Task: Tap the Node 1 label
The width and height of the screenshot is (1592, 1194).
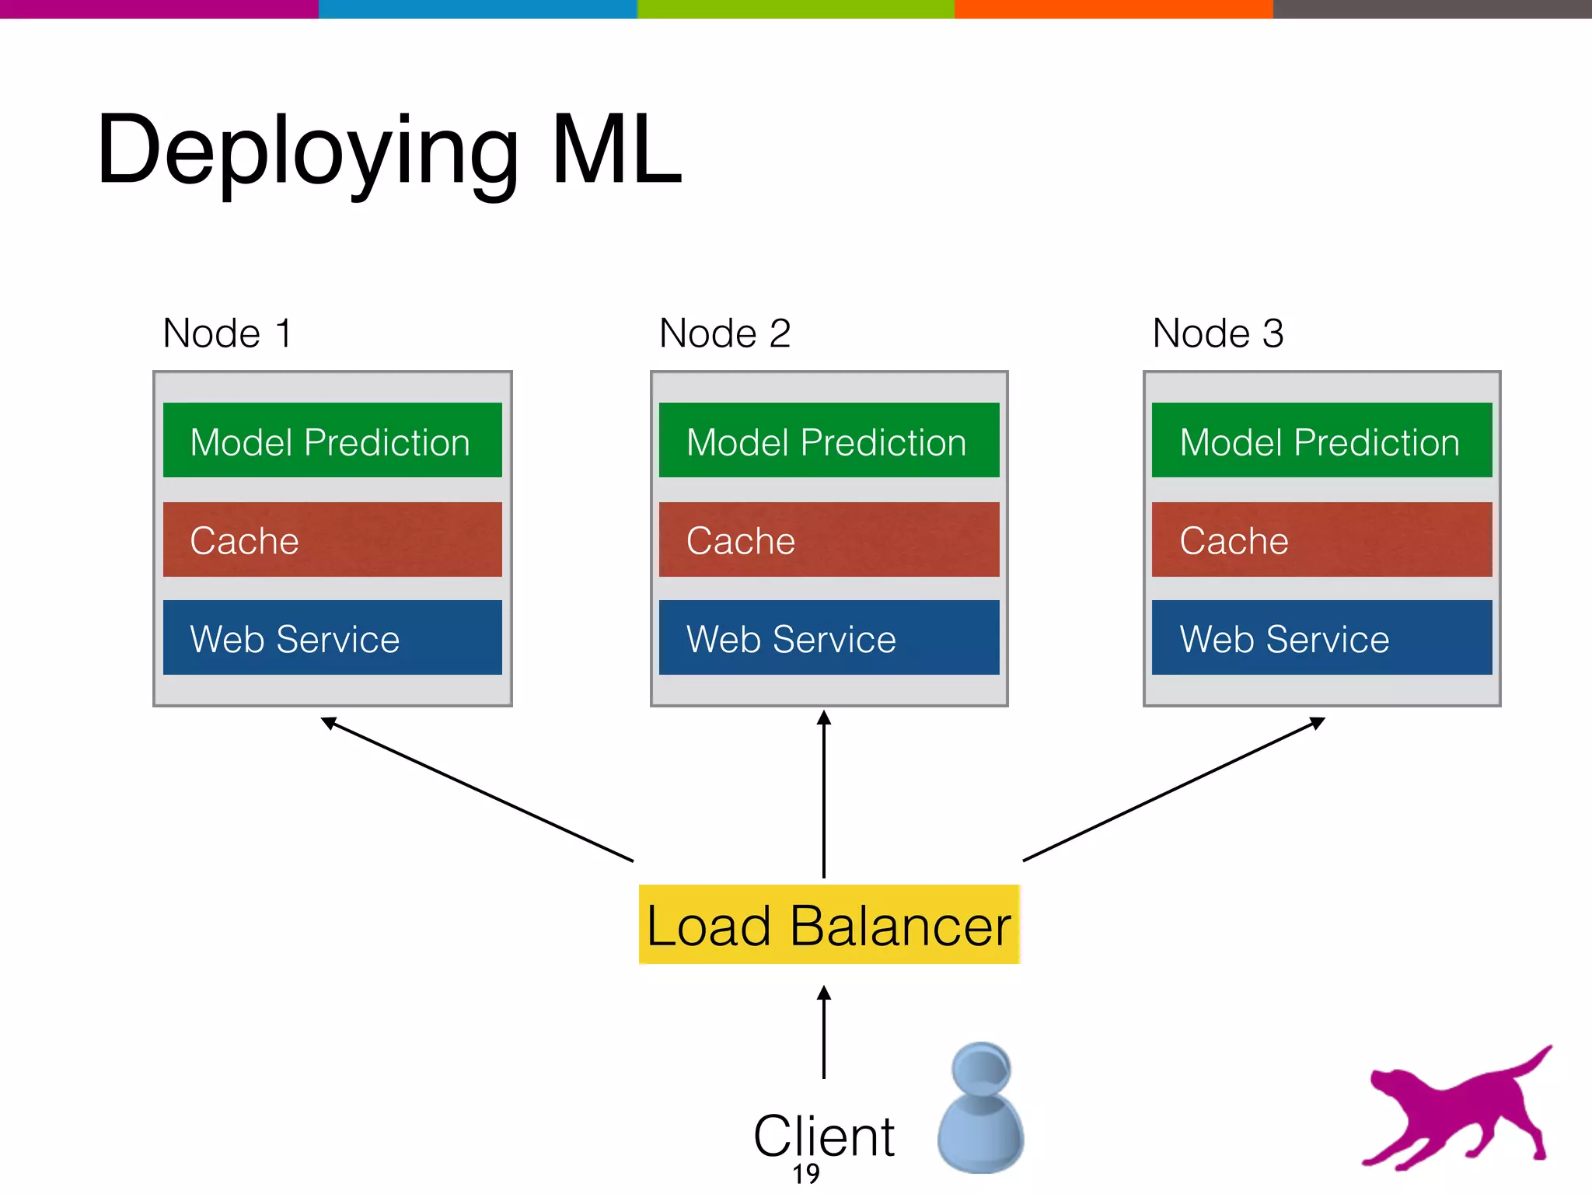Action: (x=227, y=333)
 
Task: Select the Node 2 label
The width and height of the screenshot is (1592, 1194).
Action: (x=724, y=333)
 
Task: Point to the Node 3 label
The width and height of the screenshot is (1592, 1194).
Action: (x=1217, y=333)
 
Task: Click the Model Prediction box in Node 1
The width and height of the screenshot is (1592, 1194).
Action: (x=332, y=440)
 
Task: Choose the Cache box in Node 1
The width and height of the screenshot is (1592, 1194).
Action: (x=332, y=539)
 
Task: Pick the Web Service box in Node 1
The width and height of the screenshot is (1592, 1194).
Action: (x=332, y=637)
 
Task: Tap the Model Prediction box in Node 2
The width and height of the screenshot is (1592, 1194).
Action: (x=829, y=440)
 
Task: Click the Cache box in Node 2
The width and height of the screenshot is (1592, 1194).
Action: (x=829, y=539)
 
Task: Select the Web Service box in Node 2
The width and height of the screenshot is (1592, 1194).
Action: (x=829, y=637)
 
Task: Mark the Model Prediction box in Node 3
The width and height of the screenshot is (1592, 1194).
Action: (x=1321, y=440)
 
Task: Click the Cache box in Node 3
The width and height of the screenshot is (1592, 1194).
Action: (x=1321, y=539)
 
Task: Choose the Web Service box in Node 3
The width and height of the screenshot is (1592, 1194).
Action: (x=1321, y=637)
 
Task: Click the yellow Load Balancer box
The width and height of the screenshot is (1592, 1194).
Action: (x=829, y=925)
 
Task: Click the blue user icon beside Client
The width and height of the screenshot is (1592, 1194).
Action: (x=981, y=1108)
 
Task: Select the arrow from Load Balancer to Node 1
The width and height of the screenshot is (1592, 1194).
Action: (x=477, y=789)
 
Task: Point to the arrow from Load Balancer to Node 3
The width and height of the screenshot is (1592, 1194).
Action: (x=1174, y=789)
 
